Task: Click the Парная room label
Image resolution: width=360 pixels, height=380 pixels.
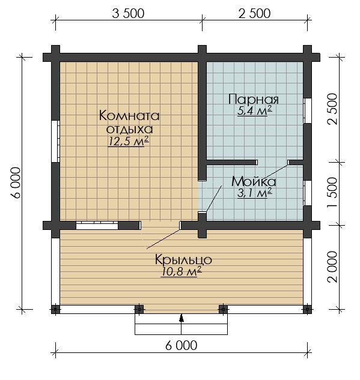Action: [x=254, y=100]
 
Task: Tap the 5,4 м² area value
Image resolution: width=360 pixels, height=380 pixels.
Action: [x=254, y=111]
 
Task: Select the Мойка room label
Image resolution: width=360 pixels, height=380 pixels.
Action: [x=254, y=181]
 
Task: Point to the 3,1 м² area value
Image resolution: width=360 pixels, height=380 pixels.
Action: [x=254, y=193]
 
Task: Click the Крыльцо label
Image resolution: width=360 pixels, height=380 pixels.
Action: [x=183, y=260]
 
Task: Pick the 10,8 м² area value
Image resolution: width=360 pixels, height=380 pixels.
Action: [x=181, y=272]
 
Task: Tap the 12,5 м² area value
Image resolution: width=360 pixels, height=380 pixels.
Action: [x=129, y=141]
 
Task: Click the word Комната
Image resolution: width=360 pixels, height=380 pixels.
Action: [x=129, y=115]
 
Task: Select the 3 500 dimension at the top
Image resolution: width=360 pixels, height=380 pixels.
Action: [x=128, y=13]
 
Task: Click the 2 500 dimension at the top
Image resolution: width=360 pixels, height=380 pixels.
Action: [x=254, y=13]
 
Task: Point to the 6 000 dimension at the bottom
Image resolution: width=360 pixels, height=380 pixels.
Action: [x=182, y=345]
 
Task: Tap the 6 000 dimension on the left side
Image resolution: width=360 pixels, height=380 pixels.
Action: [x=16, y=182]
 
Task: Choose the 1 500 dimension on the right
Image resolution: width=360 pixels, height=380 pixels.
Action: [x=332, y=193]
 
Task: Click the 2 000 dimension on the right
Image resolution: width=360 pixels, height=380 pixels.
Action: [x=332, y=267]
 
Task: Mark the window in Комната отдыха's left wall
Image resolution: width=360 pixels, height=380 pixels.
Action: [x=55, y=141]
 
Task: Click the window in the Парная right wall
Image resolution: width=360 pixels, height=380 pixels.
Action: [x=308, y=110]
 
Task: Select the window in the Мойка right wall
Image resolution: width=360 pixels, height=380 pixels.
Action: [x=308, y=193]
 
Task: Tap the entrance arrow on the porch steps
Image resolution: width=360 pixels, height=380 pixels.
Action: [x=182, y=318]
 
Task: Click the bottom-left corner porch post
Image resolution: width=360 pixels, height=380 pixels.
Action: [x=55, y=310]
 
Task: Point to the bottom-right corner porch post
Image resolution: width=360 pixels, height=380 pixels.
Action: [x=307, y=310]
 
